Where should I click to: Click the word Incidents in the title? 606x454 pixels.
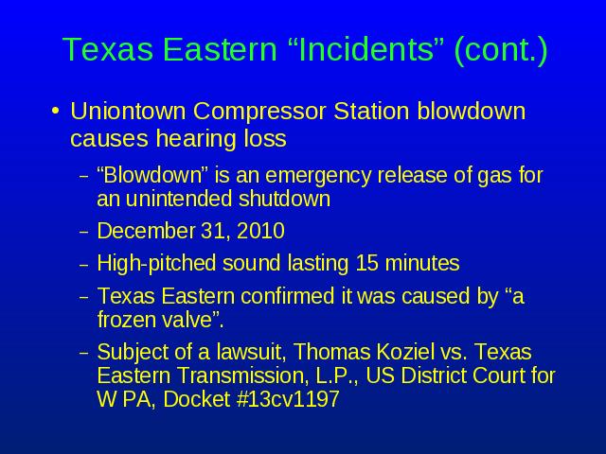(x=365, y=49)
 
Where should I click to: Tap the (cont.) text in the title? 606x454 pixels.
(x=501, y=50)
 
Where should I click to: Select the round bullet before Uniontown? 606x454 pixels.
(x=56, y=112)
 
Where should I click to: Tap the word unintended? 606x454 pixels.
(x=178, y=199)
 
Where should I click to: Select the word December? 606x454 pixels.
(x=146, y=231)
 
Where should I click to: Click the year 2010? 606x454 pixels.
(x=261, y=231)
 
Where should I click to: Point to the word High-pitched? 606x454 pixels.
(x=156, y=264)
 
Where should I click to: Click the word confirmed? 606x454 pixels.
(x=287, y=296)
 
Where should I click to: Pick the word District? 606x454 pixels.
(x=432, y=375)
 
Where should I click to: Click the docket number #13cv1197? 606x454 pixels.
(x=288, y=399)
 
